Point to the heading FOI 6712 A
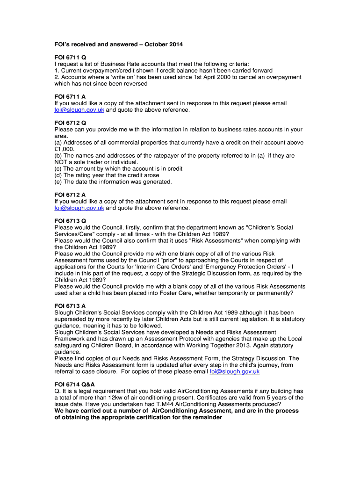coord(70,195)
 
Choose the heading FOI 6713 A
coord(70,306)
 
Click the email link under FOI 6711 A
coord(79,110)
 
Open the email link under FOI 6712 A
coord(79,208)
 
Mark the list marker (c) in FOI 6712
coord(58,168)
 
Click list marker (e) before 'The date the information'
coord(58,181)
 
